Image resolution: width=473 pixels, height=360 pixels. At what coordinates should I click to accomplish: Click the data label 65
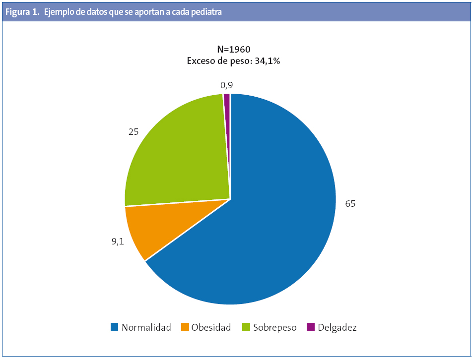[350, 204]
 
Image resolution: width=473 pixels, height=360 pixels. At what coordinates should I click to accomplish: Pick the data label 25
[133, 132]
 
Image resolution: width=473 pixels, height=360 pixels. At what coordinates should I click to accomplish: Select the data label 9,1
[118, 241]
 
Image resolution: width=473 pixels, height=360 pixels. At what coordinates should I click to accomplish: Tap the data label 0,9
[227, 85]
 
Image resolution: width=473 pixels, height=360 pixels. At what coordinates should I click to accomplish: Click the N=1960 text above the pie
[234, 49]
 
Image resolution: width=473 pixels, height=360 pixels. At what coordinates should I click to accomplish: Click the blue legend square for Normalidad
[115, 327]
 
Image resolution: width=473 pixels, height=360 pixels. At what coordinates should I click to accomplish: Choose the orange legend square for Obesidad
[185, 327]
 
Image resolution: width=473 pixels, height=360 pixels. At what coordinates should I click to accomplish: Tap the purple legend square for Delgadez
[311, 327]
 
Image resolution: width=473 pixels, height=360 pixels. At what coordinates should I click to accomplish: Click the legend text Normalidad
[146, 327]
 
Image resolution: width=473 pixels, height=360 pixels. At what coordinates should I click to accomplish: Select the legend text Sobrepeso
[274, 327]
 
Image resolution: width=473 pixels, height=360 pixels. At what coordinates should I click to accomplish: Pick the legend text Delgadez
[337, 327]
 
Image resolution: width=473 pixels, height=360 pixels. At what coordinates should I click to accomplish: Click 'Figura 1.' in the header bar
[22, 13]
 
